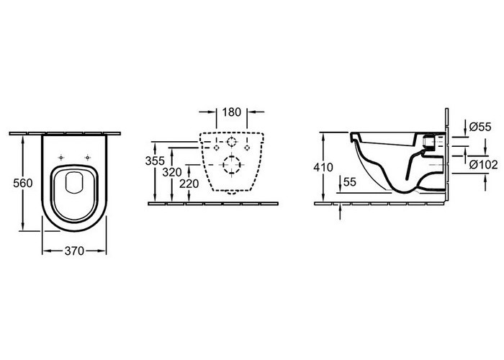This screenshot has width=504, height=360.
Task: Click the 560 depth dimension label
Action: [23, 183]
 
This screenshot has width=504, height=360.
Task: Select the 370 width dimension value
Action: [74, 251]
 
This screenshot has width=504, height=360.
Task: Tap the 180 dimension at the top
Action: [231, 112]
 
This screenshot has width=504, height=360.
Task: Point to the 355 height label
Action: [155, 161]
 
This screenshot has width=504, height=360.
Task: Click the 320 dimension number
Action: [172, 173]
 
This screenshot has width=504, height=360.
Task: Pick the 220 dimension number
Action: [189, 184]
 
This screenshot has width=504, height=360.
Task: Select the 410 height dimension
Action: [323, 168]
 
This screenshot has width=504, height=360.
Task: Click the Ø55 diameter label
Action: [480, 127]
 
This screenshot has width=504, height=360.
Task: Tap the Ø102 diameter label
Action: [483, 165]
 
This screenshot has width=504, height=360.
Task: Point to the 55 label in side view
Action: [350, 182]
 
